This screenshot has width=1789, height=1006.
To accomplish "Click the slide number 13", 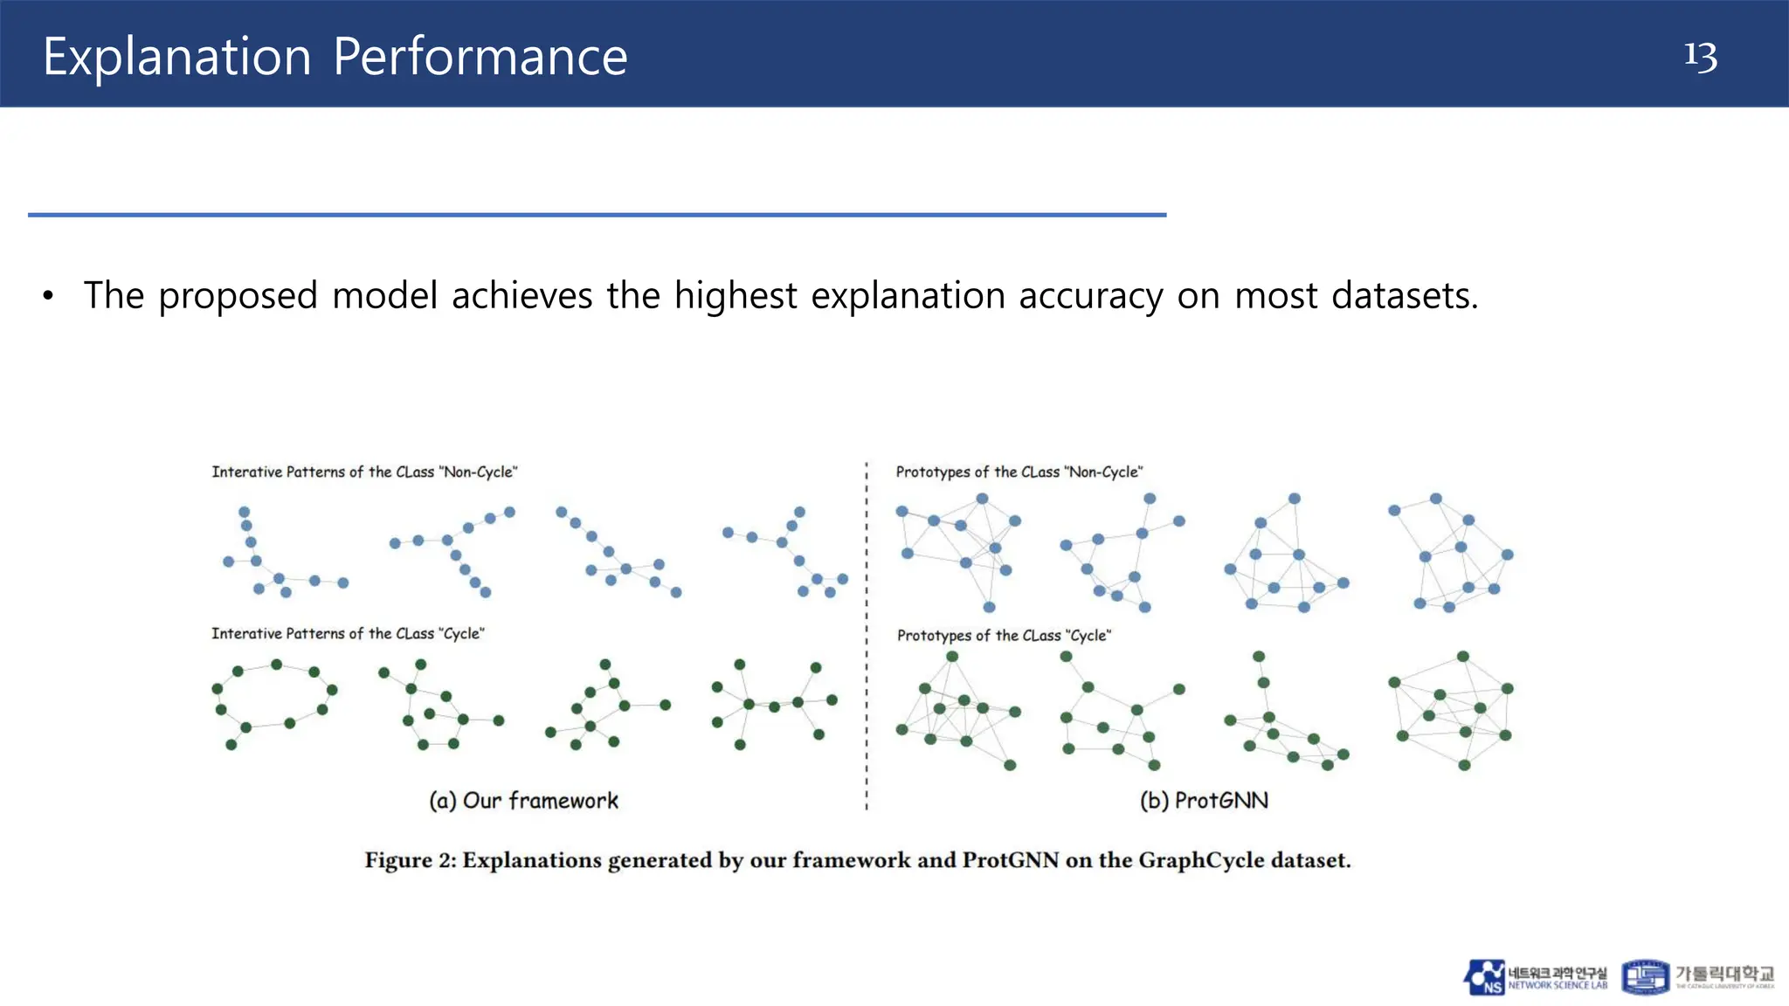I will tap(1700, 57).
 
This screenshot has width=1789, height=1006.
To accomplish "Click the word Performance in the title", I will tap(480, 58).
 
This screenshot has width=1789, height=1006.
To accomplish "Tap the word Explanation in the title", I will tap(177, 58).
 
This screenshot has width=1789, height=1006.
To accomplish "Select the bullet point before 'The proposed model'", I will tap(48, 296).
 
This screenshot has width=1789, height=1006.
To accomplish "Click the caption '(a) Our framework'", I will tap(523, 800).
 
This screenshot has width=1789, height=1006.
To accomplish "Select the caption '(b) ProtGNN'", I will tap(1204, 800).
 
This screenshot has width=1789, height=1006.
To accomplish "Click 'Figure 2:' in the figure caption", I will tap(410, 860).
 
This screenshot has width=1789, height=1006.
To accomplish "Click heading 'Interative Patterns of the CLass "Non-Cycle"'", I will tap(364, 472).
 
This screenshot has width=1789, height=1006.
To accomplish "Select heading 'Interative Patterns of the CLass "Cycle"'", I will tap(348, 633).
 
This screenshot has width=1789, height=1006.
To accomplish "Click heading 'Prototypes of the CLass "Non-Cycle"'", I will tap(1019, 472).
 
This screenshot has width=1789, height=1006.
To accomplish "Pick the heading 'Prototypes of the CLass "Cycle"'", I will tap(1004, 635).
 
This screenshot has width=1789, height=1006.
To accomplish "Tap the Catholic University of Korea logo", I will tap(1697, 977).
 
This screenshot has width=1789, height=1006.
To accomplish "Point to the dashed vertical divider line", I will tap(867, 637).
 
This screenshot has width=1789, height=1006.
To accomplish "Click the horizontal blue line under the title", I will tap(597, 214).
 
